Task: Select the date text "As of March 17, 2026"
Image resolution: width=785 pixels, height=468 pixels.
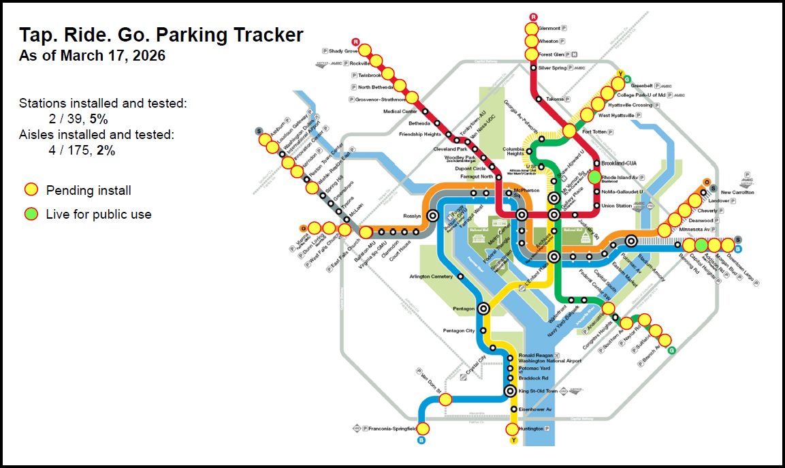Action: click(92, 56)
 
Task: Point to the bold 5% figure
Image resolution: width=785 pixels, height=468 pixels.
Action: click(98, 119)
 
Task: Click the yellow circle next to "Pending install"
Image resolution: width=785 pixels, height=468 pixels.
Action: click(31, 190)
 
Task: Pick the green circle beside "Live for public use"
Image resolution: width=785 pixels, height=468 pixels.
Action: click(31, 214)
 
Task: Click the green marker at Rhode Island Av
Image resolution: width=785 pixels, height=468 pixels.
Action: click(594, 176)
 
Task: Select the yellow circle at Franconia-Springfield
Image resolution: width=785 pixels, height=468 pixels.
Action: click(423, 429)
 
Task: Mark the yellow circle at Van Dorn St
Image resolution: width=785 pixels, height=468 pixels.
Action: click(445, 399)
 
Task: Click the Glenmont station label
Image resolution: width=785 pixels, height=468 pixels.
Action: click(549, 29)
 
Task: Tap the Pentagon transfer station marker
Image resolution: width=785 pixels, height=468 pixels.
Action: click(483, 309)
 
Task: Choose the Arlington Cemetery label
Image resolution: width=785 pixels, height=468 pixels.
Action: click(431, 277)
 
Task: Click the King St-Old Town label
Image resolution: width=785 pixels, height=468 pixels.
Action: click(538, 391)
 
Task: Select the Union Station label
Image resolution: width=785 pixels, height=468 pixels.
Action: click(617, 206)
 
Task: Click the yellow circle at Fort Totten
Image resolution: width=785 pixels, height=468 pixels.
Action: click(570, 131)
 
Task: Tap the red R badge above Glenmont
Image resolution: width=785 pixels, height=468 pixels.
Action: click(533, 17)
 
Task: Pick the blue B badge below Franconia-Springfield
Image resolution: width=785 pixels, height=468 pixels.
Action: click(421, 440)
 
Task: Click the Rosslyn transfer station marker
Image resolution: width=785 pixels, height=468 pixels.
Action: click(432, 216)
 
